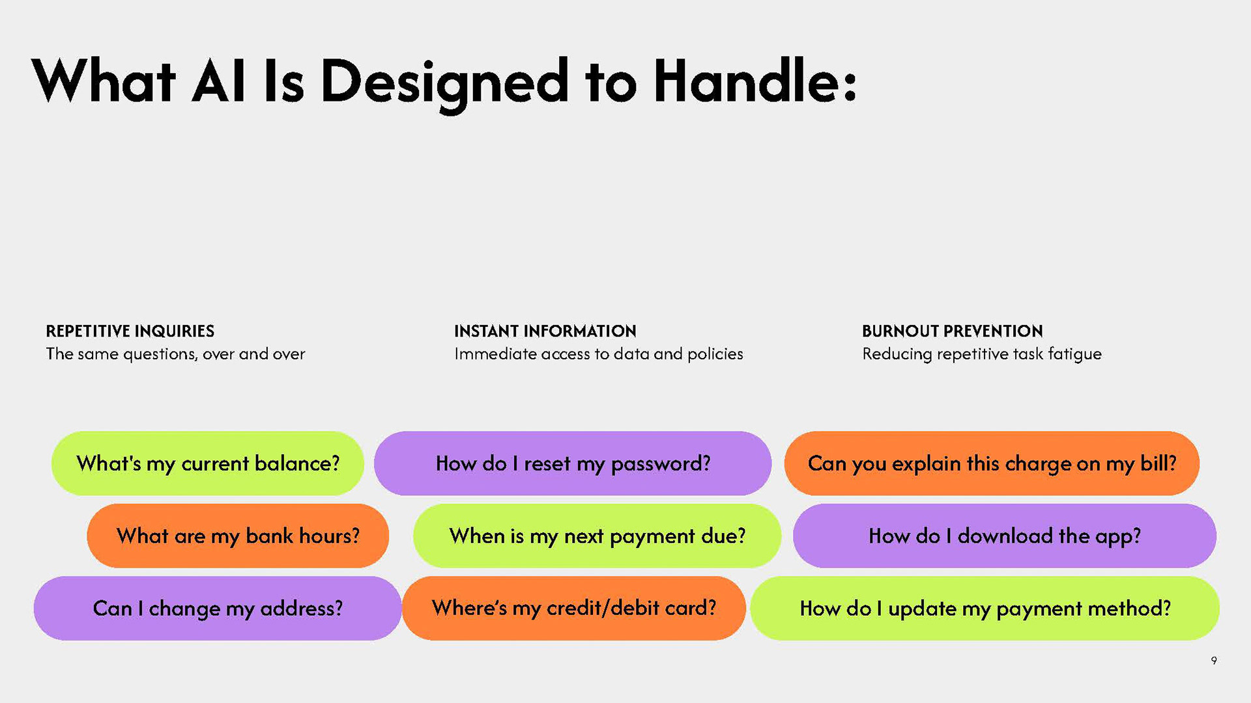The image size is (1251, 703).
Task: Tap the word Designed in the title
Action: pos(444,85)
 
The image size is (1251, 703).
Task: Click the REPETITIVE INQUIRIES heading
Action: pos(130,331)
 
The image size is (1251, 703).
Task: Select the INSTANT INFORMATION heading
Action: pos(545,331)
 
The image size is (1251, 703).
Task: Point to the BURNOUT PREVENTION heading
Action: pos(952,331)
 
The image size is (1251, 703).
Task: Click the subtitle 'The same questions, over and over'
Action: pos(175,354)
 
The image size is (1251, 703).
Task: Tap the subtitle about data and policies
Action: pos(598,354)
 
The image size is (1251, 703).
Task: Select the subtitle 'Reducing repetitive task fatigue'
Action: pos(981,354)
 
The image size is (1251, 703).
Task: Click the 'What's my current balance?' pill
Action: pos(208,463)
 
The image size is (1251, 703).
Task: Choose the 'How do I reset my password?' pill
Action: pos(573,463)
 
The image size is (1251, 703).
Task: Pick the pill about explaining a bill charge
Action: pos(992,463)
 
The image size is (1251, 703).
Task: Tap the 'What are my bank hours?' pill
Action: pos(238,536)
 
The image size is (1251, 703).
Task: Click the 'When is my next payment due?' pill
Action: pos(597,536)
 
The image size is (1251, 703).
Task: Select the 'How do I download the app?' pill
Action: pos(1005,536)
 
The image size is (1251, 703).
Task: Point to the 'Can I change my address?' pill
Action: pos(218,609)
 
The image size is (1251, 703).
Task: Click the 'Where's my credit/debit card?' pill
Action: pos(573,609)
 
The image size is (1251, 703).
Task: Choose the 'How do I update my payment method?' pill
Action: pos(985,609)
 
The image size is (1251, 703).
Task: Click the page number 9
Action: pos(1214,661)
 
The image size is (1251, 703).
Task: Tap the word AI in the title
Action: pos(219,81)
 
